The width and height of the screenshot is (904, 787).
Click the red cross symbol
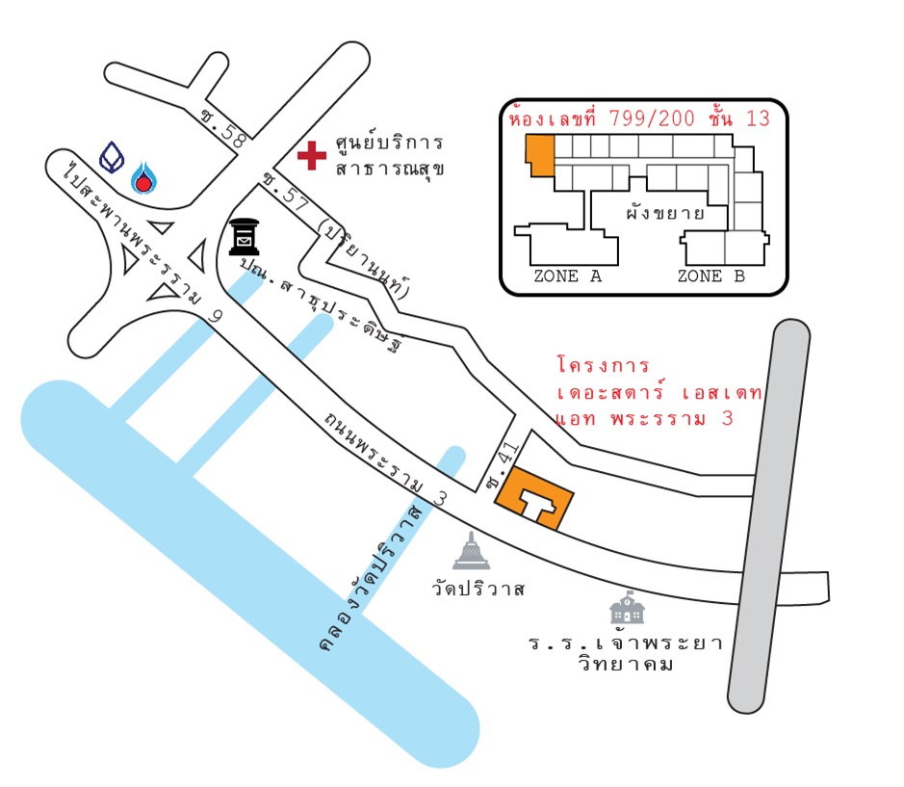[x=312, y=155]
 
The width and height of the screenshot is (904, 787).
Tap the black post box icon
[x=245, y=237]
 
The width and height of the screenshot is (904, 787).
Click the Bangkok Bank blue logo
[x=112, y=157]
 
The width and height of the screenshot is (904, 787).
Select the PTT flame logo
[x=144, y=177]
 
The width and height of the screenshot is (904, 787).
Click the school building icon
[x=627, y=607]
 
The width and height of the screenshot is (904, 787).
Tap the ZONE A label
[x=568, y=276]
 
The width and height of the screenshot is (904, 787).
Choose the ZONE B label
[x=711, y=276]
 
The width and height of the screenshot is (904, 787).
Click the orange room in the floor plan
[x=540, y=155]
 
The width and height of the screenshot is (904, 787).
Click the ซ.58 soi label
[x=223, y=127]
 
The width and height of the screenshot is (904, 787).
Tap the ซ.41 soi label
[x=503, y=465]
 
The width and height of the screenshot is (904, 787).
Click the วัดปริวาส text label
[x=478, y=589]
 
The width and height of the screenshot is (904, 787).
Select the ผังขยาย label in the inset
[x=665, y=213]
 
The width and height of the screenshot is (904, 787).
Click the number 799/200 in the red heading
[x=652, y=118]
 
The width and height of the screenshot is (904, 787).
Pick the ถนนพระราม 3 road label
[x=384, y=459]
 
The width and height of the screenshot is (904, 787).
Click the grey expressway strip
[x=768, y=516]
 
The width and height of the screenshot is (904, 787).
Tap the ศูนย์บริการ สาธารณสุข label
[x=390, y=155]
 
